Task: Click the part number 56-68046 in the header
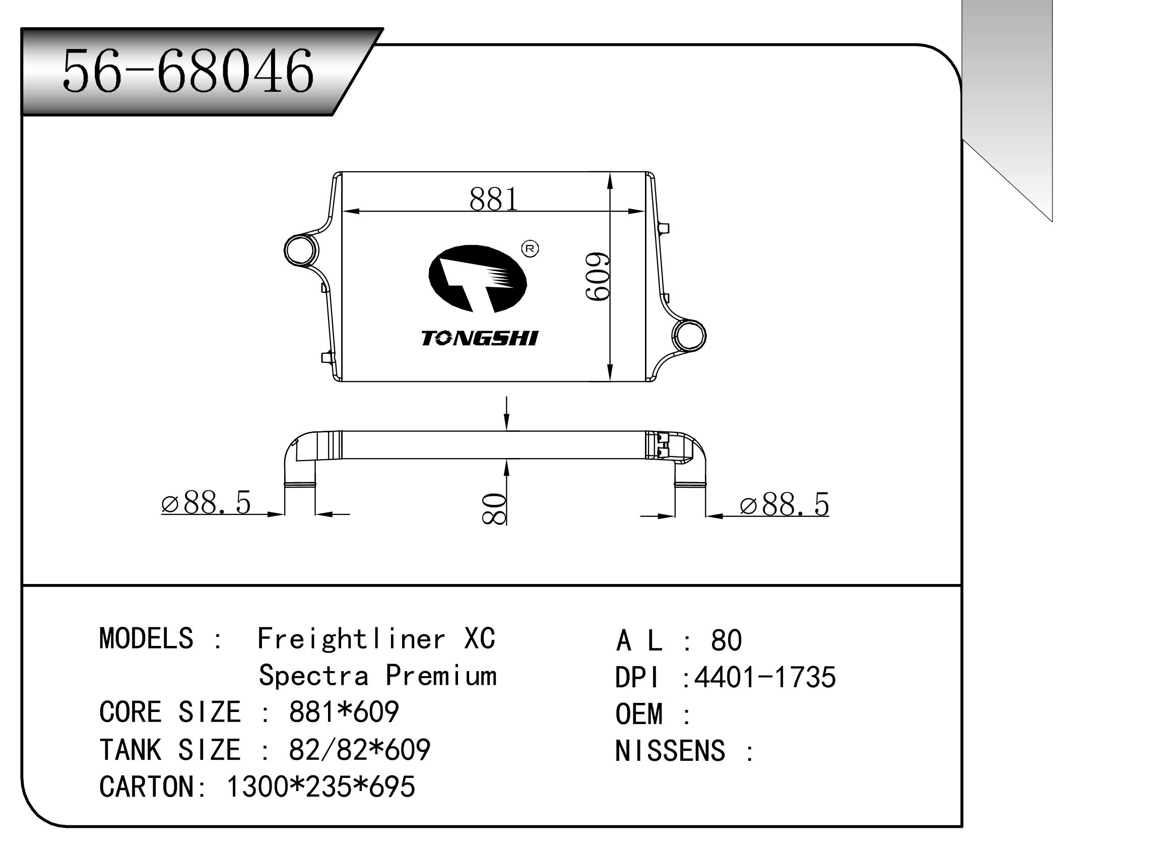187,71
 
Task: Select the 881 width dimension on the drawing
493,199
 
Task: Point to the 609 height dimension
597,277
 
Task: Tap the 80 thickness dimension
494,509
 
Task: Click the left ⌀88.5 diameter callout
206,502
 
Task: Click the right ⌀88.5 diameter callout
785,505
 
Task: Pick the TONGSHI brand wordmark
479,338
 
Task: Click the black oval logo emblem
477,279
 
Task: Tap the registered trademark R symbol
530,248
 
